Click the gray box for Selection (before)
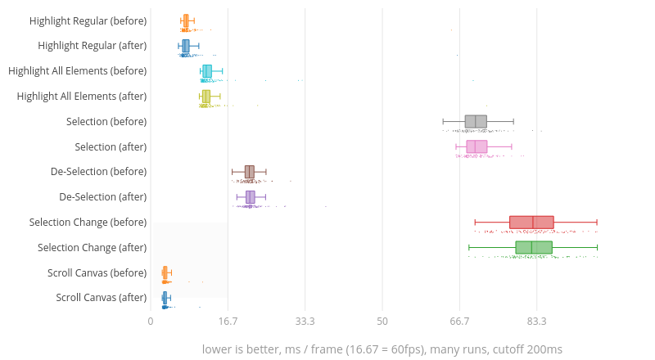(476, 122)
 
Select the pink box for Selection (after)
(477, 147)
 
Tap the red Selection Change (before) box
(531, 223)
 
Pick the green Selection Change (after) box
(534, 248)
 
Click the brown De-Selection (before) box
(250, 172)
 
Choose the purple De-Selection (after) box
(251, 197)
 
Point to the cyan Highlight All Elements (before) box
(207, 71)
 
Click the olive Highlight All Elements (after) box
(206, 97)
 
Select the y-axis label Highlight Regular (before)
(88, 20)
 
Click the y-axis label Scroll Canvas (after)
(102, 298)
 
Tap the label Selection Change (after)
(92, 247)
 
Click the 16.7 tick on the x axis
(228, 322)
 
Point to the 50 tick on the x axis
(382, 322)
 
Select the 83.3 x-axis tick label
(536, 322)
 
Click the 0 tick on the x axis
(151, 322)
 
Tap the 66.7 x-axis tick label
(459, 322)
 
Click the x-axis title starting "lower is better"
(382, 349)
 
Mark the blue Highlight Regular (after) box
(186, 46)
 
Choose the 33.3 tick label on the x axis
(305, 322)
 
